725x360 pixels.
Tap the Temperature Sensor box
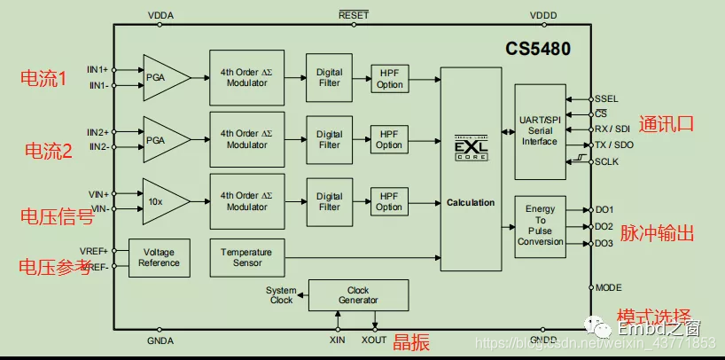click(246, 257)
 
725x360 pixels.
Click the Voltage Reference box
click(160, 257)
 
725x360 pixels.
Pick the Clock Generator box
click(357, 294)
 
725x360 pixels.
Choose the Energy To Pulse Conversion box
click(540, 225)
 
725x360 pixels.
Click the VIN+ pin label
click(98, 193)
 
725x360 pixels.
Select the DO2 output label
click(604, 226)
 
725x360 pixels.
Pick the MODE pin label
click(608, 287)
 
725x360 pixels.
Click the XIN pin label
click(338, 340)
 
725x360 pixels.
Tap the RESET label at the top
click(354, 16)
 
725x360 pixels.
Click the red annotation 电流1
click(44, 78)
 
